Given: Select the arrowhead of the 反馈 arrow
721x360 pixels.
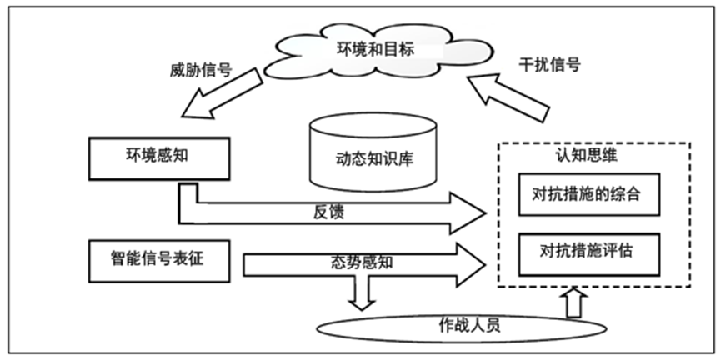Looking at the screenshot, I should [x=468, y=212].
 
